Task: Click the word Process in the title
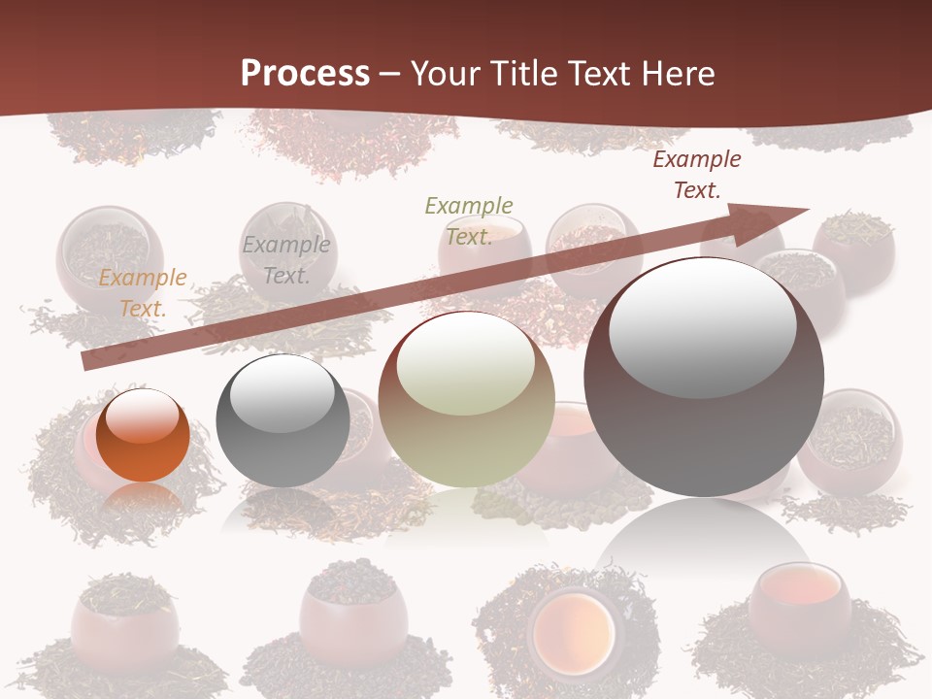305,73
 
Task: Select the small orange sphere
143,435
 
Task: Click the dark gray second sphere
283,421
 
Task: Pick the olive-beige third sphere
467,400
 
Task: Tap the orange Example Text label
143,293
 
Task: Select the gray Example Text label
286,260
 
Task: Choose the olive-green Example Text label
469,220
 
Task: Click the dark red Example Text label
697,175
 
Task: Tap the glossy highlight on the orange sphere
142,416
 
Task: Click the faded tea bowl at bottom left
125,627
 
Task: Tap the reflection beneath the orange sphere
143,497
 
